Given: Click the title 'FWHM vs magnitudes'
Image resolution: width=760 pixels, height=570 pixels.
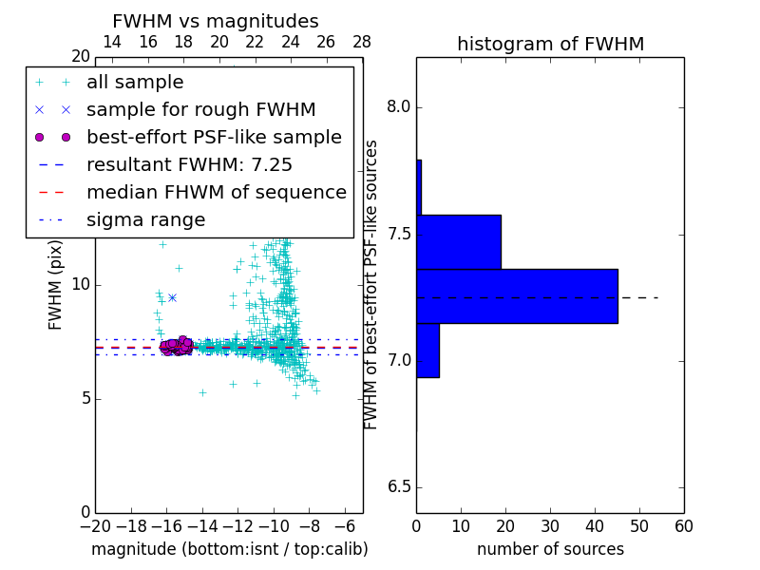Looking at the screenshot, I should pos(216,21).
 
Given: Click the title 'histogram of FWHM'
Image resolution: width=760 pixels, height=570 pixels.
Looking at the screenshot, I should pos(550,44).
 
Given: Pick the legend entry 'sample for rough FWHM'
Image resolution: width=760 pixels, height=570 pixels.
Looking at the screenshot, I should pos(200,109).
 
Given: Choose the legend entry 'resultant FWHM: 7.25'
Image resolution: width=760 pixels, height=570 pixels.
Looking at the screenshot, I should pos(189,164).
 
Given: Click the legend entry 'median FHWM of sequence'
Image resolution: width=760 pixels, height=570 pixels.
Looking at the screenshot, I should pos(216,192).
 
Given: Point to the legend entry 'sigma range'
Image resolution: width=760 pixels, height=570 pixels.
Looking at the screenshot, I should pos(145,219).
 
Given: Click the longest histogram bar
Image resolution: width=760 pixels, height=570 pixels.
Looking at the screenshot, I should pos(517,296).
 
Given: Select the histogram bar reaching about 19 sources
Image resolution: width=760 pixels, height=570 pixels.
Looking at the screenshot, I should pos(458,241).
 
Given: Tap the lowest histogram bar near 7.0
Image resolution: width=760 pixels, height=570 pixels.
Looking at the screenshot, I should pos(427,351).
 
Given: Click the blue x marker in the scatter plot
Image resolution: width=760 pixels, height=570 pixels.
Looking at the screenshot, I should pos(172,297).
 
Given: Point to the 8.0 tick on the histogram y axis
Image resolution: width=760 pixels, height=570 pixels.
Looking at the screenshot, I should pos(400,107).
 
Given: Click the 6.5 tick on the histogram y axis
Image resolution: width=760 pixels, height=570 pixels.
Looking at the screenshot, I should pos(400,487).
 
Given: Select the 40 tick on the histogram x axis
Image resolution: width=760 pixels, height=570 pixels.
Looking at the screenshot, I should pos(595,525).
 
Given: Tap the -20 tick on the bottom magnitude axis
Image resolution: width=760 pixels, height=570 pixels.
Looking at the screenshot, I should pos(95,525).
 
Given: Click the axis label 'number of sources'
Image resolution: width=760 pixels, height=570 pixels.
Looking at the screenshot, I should pos(550,549).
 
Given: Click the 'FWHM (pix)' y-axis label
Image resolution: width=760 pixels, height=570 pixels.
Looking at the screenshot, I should pos(56,284).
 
